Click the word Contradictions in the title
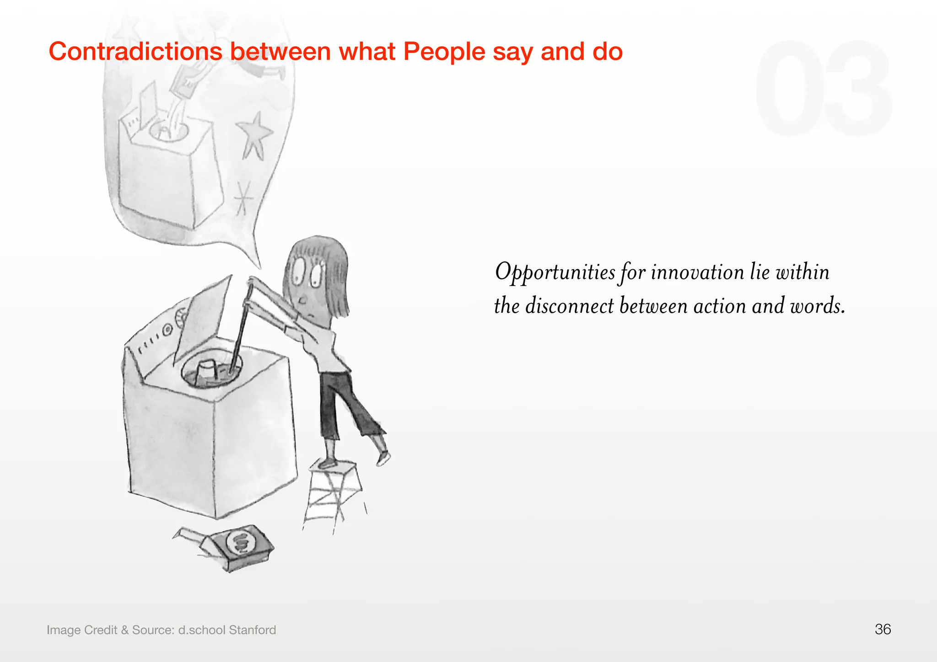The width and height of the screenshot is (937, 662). pos(135,51)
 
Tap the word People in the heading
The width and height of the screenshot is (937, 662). pos(444,51)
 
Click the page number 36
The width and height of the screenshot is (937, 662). pos(883,630)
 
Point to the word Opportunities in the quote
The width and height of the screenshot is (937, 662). pos(555,272)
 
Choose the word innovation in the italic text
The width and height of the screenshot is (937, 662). pos(698,272)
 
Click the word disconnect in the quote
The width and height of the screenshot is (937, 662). pos(569,306)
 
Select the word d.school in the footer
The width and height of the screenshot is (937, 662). pos(202,630)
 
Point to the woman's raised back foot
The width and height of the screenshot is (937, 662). pos(383,457)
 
